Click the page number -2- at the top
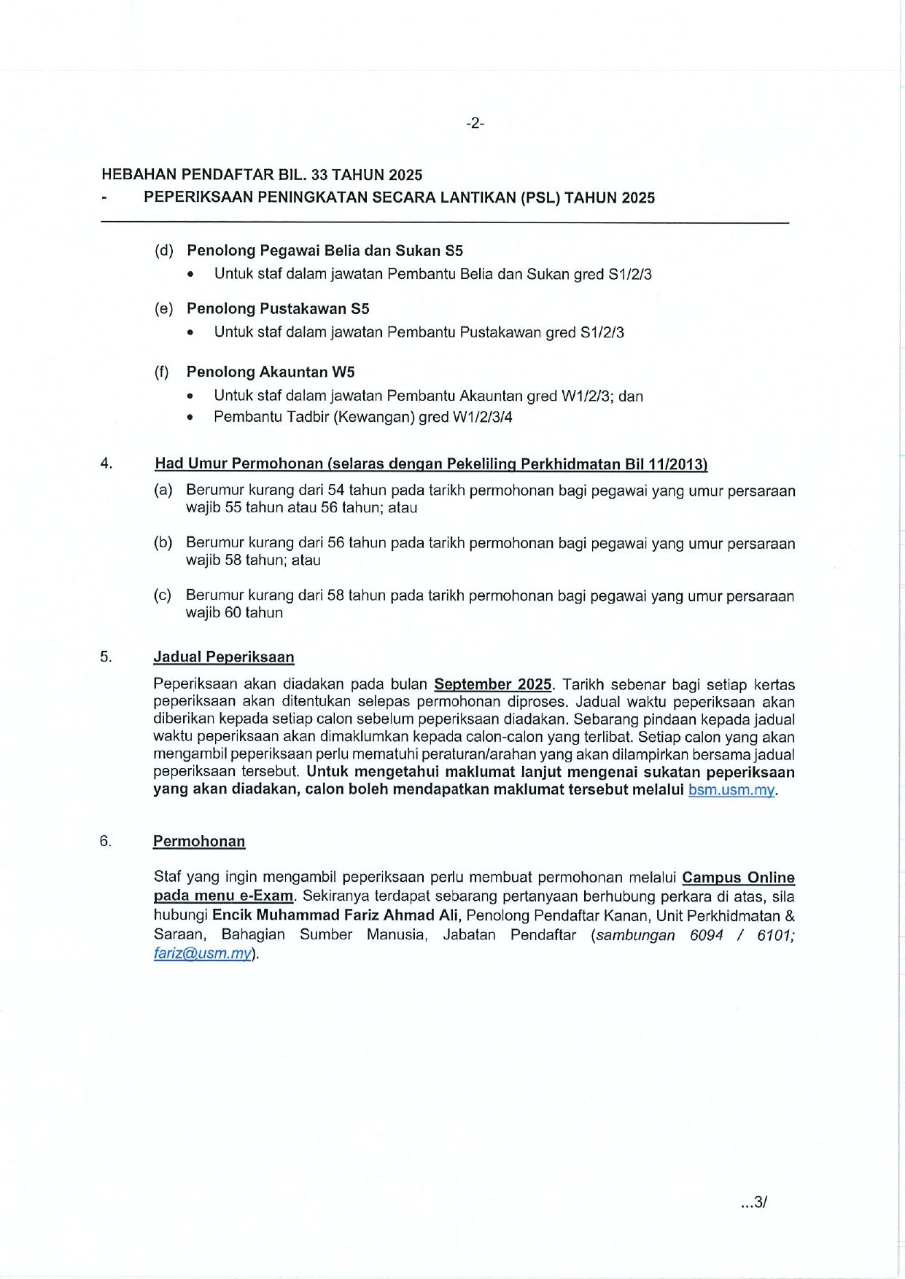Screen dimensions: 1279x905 [475, 123]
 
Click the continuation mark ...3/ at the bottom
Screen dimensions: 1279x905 [754, 1202]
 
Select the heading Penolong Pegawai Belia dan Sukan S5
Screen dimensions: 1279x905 [325, 251]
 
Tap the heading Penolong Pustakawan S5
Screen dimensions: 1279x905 [278, 309]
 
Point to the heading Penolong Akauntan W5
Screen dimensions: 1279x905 [271, 372]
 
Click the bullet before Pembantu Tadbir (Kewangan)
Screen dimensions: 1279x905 [191, 418]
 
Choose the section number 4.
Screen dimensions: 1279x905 [106, 464]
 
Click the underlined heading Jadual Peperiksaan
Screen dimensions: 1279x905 [223, 657]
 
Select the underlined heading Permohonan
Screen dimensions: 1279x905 [199, 842]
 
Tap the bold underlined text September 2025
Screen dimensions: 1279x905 [493, 684]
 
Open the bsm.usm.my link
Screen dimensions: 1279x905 [731, 790]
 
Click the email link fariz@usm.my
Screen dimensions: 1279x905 [203, 954]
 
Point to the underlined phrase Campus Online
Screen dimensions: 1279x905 [738, 878]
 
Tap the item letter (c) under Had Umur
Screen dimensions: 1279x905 [163, 595]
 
